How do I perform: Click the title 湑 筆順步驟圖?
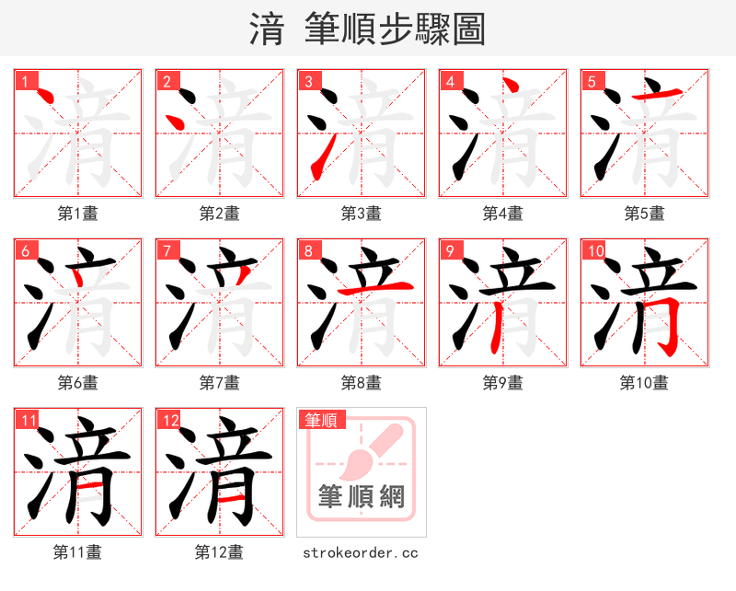coord(367,29)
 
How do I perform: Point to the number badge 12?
coord(170,421)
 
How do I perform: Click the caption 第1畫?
coord(77,214)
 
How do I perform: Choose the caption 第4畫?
coord(502,214)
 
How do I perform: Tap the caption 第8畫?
coord(361,383)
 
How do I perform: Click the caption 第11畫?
coord(77,552)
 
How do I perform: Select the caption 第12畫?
coord(219,552)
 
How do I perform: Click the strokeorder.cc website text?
coord(361,552)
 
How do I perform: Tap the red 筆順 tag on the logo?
coord(321,421)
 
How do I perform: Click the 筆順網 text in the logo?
coord(361,497)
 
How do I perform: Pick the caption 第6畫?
coord(77,383)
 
